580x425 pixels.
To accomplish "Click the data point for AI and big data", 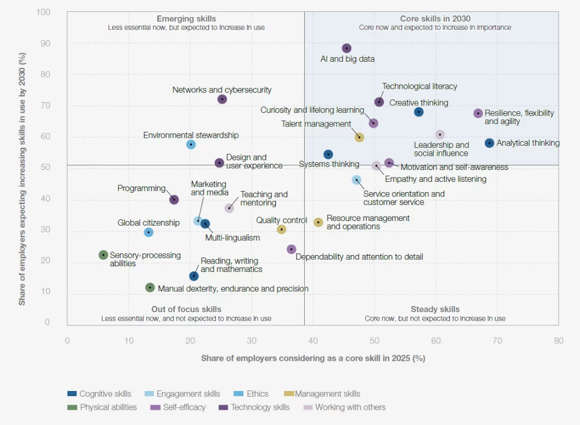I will coord(347,48).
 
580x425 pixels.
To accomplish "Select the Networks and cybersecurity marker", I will coord(222,99).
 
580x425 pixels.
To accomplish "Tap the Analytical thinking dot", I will coord(489,143).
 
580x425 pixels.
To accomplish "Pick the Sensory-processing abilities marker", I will coord(103,255).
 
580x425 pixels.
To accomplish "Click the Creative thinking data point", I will coord(419,112).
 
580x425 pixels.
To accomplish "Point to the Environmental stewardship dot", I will coord(191,144).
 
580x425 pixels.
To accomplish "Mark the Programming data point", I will coord(174,199).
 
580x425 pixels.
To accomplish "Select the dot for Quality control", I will coord(282,229).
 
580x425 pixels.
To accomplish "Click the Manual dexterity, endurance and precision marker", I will coord(150,288).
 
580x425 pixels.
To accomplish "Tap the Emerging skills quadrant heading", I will coord(186,19).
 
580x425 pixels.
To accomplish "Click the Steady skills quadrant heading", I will coord(435,309).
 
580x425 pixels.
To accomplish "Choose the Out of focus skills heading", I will coord(186,309).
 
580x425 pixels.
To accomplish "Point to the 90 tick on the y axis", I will coord(45,44).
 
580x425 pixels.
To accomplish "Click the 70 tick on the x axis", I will coord(497,341).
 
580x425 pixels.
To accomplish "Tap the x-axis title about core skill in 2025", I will coord(313,358).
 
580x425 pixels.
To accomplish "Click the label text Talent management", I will coord(316,124).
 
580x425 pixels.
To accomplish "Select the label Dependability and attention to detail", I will coord(359,257).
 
